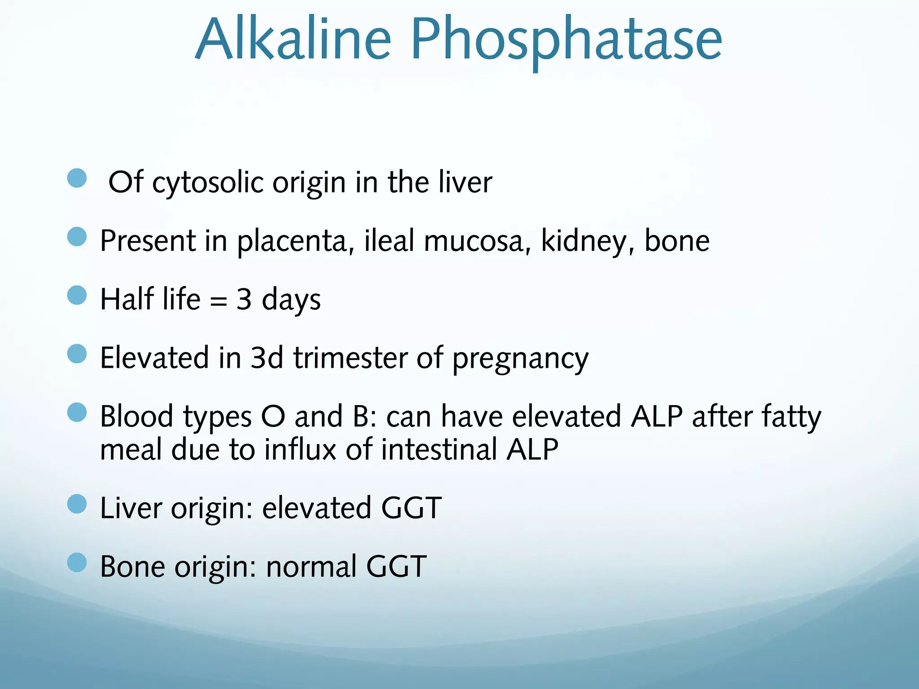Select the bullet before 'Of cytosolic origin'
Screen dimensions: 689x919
coord(77,178)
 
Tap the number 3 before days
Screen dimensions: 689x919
coord(244,299)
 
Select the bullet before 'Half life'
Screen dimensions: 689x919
coord(77,295)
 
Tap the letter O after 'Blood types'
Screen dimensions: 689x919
coord(273,417)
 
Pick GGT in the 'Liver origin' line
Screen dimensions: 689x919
coord(411,508)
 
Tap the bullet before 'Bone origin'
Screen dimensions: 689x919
coord(77,563)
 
